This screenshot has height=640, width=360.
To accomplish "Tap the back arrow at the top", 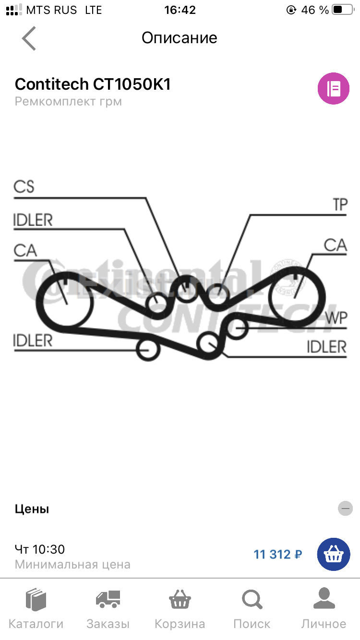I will (29, 38).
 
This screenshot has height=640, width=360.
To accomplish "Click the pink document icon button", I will (333, 88).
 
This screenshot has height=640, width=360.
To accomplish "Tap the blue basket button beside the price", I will (334, 555).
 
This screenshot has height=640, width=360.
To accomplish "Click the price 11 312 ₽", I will (278, 555).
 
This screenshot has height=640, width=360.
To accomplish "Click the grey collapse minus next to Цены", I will (345, 509).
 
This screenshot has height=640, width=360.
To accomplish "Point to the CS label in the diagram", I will (24, 187).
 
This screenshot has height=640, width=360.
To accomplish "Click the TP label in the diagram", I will (340, 205).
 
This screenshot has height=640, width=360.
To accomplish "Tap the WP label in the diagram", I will (336, 318).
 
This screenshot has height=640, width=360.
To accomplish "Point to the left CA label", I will (25, 250).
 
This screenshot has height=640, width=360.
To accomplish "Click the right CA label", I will (335, 245).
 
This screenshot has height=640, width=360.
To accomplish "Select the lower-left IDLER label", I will (33, 341).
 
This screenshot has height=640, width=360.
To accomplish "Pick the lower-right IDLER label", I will (326, 347).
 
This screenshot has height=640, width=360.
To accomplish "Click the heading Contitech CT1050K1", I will (93, 84).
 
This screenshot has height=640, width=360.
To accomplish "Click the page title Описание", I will (180, 38).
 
